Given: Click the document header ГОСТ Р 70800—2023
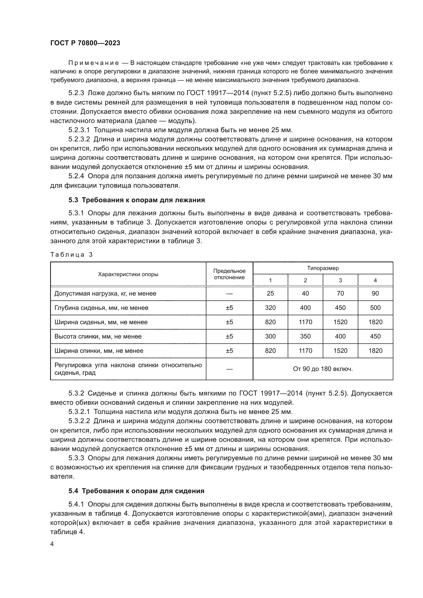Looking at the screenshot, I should [x=85, y=43].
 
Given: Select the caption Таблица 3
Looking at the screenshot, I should [x=71, y=255].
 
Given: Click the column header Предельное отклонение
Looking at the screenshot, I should [x=229, y=274].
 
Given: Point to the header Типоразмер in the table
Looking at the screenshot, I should [x=323, y=268].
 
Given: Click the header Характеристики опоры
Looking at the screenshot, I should [x=128, y=274].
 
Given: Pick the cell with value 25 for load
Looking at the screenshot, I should [x=270, y=294].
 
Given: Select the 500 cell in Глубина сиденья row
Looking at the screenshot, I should [x=375, y=308].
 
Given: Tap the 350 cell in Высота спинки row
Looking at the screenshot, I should [x=305, y=336].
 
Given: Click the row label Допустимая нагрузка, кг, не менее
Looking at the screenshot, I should [x=105, y=294].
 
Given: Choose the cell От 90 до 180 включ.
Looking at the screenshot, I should [x=323, y=369].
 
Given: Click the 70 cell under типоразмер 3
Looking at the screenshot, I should [x=340, y=294].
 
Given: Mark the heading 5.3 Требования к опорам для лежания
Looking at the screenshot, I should [x=137, y=200].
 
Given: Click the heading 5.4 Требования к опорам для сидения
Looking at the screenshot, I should [x=136, y=491].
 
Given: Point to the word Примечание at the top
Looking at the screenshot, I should [x=94, y=63].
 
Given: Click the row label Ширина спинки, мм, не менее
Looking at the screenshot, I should [x=99, y=351].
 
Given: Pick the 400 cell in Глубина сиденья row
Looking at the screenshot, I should [x=305, y=308].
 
